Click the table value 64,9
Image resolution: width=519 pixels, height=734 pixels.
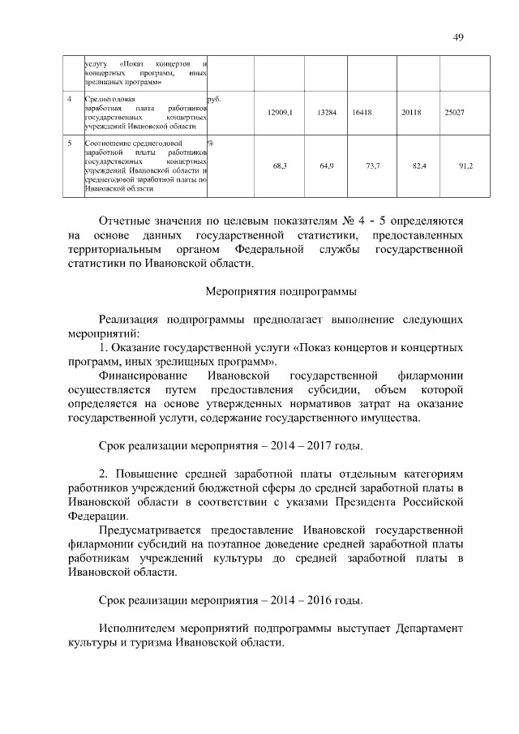pyautogui.click(x=327, y=165)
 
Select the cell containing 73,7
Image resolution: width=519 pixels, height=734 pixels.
pyautogui.click(x=373, y=165)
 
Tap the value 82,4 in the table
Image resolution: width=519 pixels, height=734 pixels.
pyautogui.click(x=419, y=165)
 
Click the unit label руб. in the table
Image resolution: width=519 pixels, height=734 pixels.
pyautogui.click(x=215, y=98)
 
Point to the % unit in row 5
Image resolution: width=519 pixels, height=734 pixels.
pyautogui.click(x=210, y=144)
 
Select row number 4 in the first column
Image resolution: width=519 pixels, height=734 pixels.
pyautogui.click(x=71, y=98)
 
